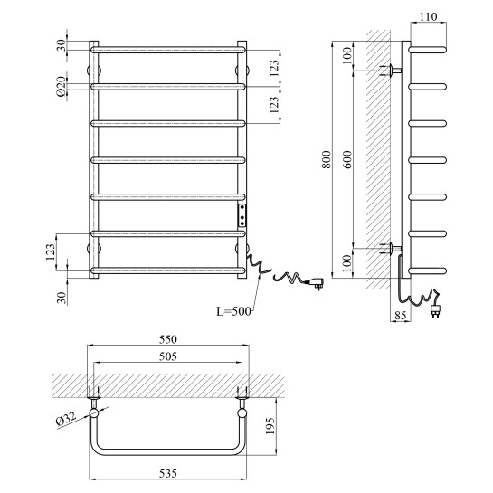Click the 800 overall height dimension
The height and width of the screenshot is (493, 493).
click(327, 159)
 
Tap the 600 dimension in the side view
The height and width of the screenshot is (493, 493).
click(347, 159)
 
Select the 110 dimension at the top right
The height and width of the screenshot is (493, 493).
click(428, 16)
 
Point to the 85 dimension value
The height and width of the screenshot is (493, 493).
click(400, 315)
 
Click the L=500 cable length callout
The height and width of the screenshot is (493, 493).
click(234, 311)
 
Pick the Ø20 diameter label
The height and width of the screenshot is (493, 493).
click(62, 86)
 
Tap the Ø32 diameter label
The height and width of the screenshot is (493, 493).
click(66, 419)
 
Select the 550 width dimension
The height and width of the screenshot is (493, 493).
click(168, 339)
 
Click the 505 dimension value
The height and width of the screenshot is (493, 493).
click(168, 356)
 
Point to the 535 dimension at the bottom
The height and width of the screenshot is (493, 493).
click(168, 473)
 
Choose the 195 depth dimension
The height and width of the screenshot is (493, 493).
click(270, 426)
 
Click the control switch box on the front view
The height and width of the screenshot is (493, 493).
click(242, 215)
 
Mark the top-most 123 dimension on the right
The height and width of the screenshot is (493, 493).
click(274, 68)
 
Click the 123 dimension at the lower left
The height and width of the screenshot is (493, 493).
click(51, 252)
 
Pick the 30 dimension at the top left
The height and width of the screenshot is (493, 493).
click(62, 45)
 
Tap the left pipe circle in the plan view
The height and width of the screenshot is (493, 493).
click(94, 412)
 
